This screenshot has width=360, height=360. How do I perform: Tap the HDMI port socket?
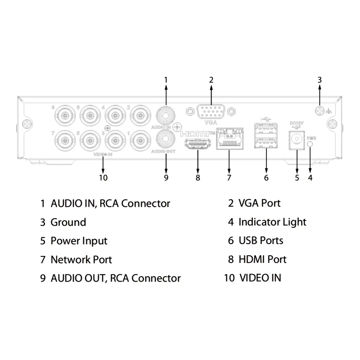click(x=198, y=144)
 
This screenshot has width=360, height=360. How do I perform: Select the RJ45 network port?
click(x=230, y=139)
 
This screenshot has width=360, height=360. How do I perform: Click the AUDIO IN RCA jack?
click(x=166, y=115)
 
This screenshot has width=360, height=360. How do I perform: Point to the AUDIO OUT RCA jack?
click(x=166, y=139)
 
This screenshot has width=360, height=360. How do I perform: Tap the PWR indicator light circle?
click(x=310, y=144)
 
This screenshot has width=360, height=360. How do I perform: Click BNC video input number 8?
click(x=65, y=115)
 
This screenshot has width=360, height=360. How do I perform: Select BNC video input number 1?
click(x=141, y=141)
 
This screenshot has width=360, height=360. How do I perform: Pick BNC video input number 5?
click(x=90, y=141)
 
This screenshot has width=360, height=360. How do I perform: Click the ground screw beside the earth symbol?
click(x=320, y=111)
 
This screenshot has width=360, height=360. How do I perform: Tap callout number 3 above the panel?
click(x=320, y=80)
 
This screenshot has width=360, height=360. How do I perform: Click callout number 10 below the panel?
click(x=103, y=178)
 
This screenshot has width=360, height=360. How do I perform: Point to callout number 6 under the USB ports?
click(x=266, y=178)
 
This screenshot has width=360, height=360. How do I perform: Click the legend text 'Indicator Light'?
click(x=272, y=222)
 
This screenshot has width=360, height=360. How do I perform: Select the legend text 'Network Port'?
click(x=81, y=260)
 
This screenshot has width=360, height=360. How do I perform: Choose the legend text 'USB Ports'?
click(x=261, y=240)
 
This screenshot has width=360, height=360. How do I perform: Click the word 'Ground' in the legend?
click(x=69, y=222)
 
